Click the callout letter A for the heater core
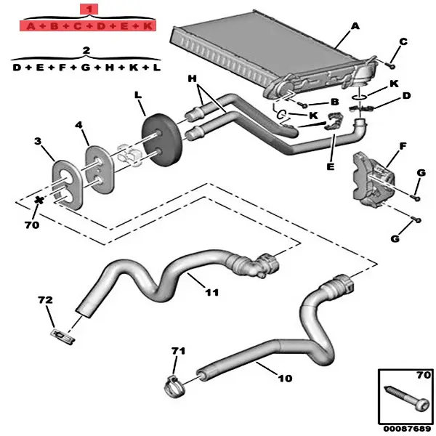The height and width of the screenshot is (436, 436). [x=355, y=26]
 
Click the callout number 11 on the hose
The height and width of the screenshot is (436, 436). [x=211, y=293]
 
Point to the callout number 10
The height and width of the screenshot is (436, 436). [x=284, y=379]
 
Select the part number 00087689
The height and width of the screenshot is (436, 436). [x=404, y=429]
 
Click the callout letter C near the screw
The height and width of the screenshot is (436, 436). [x=403, y=41]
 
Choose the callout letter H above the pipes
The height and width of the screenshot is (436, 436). [x=193, y=78]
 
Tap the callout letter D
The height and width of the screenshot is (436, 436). [x=406, y=96]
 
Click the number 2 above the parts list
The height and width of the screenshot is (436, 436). [x=86, y=50]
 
